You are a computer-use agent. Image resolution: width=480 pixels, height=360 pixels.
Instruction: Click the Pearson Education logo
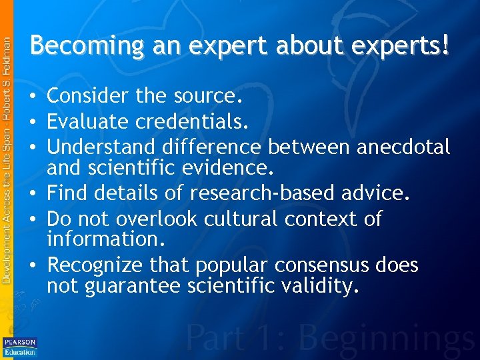20,347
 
